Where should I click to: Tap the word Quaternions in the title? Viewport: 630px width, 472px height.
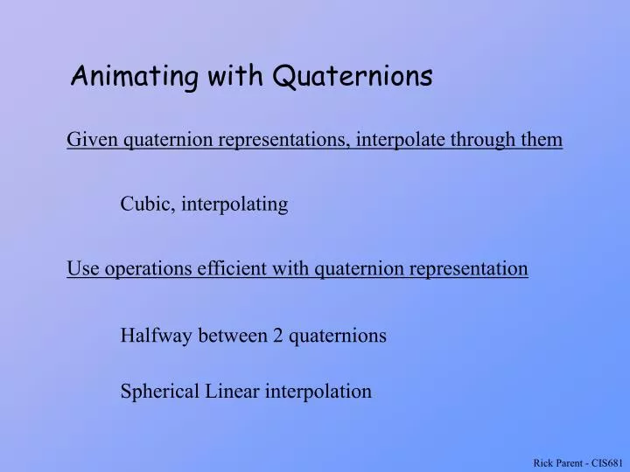pos(353,78)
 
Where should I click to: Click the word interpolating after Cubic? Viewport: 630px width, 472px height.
pos(234,205)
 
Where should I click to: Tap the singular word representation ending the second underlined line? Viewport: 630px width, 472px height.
pos(469,269)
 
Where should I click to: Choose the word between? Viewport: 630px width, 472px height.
pos(233,336)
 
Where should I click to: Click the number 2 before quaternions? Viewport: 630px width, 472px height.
pos(277,336)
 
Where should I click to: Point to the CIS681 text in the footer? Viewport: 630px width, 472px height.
pos(606,462)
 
